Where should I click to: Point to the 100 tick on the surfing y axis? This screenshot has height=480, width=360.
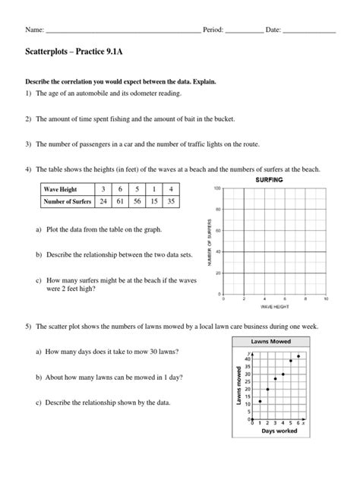[x=217, y=188]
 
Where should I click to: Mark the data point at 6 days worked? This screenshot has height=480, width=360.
[x=298, y=356]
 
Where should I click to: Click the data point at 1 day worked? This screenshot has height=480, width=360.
[x=261, y=401]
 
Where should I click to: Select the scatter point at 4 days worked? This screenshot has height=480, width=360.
[x=283, y=374]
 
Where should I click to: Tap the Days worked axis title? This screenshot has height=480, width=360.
[x=278, y=431]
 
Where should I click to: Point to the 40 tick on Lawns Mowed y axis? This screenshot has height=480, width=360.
[x=248, y=358]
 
